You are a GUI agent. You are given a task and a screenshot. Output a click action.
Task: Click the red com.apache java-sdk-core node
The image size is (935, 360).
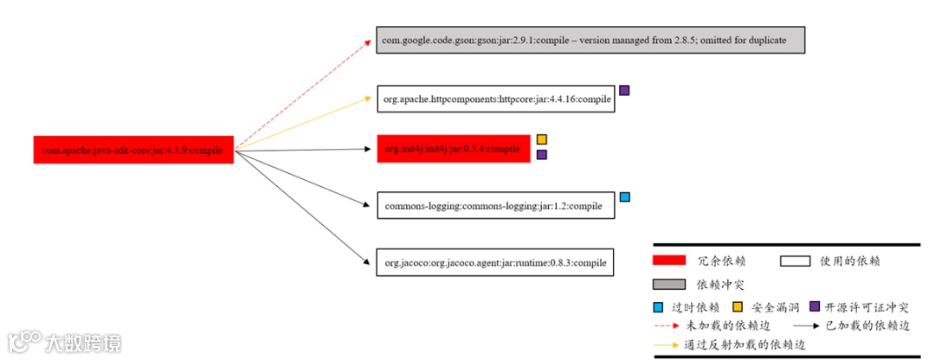[x=133, y=150]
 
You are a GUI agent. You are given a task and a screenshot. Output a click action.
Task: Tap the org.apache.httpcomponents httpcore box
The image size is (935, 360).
[x=496, y=100]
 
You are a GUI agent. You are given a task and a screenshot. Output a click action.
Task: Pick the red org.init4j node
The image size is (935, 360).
[x=453, y=149]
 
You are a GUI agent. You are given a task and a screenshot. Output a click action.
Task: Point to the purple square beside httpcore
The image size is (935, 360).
[x=624, y=90]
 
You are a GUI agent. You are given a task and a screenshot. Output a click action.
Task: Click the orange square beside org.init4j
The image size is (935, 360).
[x=542, y=139]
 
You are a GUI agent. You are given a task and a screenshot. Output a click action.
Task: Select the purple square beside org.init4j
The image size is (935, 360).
[x=542, y=155]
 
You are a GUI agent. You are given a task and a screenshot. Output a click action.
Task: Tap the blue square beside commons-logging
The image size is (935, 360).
[x=625, y=197]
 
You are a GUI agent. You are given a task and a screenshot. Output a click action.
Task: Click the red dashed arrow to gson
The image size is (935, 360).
[x=303, y=94]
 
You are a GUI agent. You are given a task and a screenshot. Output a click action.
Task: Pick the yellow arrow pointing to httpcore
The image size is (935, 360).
[x=303, y=124]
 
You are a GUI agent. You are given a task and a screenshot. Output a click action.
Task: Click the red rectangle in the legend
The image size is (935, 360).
[x=669, y=260]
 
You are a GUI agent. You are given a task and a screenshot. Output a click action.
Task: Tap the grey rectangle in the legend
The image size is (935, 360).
[x=669, y=284]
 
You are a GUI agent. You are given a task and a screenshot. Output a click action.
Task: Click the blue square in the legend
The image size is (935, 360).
[x=659, y=306]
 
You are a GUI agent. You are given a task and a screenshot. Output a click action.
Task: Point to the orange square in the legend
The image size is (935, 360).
[x=738, y=306]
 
